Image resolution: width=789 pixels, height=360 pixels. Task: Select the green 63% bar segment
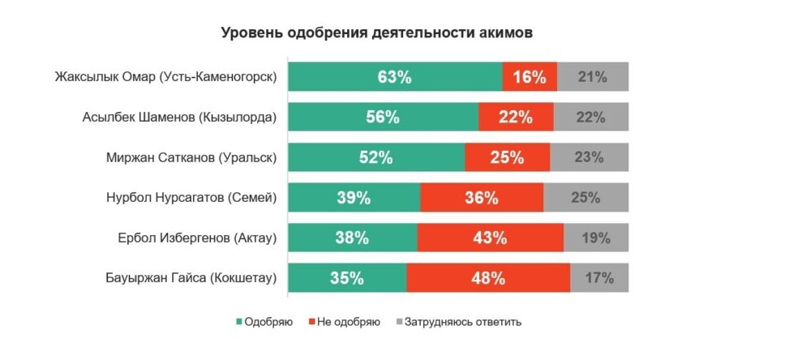pos(395,77)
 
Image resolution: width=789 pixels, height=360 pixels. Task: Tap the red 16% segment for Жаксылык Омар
pos(530,77)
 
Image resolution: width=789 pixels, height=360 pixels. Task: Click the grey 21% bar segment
pos(593,77)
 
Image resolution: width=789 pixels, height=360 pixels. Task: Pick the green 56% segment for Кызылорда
pos(383,117)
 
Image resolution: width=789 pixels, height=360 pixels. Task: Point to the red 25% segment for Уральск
pos(507,157)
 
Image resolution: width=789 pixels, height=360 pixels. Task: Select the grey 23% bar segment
pos(590,157)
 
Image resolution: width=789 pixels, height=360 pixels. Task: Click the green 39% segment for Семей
pos(354,198)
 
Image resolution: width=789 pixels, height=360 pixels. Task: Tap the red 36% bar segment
pos(482,198)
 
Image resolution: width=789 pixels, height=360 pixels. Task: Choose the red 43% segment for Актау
pos(490,238)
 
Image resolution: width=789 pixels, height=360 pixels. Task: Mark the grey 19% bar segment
pos(596,238)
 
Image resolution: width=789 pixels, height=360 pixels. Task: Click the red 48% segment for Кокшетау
pos(488,278)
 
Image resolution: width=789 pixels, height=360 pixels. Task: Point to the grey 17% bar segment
pos(599,278)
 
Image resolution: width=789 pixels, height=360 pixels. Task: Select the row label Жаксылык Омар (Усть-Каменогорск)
pos(165,78)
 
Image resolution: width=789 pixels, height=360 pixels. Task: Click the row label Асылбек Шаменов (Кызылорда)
pos(179,118)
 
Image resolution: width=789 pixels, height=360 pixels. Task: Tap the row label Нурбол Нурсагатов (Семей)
pos(191,198)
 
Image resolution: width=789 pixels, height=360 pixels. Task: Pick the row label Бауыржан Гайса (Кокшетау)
pos(186,278)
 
